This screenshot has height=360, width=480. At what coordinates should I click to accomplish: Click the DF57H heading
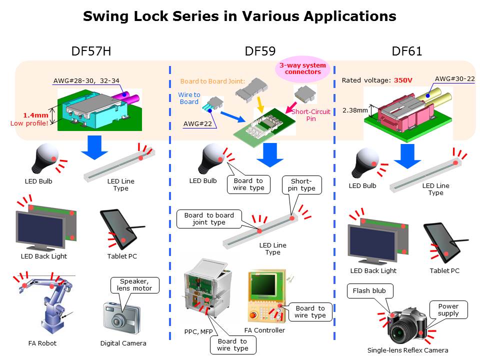tap(91, 51)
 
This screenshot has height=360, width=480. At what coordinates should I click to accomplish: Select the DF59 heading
tap(260, 51)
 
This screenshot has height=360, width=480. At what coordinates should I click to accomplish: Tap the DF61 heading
tap(407, 51)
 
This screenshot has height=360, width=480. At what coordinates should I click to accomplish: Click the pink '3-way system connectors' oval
tap(302, 68)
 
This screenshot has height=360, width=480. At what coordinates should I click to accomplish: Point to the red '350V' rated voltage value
tap(403, 80)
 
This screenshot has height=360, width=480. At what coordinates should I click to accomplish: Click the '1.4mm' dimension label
tap(36, 115)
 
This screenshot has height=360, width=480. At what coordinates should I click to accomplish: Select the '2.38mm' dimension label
tap(355, 110)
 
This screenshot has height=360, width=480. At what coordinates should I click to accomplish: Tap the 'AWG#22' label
tap(197, 124)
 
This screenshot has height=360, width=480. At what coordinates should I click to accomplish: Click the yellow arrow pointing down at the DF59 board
tap(260, 104)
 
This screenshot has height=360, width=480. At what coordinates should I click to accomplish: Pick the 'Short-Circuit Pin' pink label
tap(310, 115)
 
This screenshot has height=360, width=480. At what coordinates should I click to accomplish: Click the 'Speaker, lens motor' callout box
tap(134, 285)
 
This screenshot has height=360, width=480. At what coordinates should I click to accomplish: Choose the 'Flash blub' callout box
tap(370, 291)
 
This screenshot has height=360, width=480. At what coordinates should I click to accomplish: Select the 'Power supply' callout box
tap(448, 310)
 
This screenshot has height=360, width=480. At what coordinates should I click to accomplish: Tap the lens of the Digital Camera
tap(117, 321)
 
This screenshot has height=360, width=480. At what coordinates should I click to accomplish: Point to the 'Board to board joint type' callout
tap(209, 219)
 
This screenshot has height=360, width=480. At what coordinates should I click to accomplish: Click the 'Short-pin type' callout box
tap(302, 185)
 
